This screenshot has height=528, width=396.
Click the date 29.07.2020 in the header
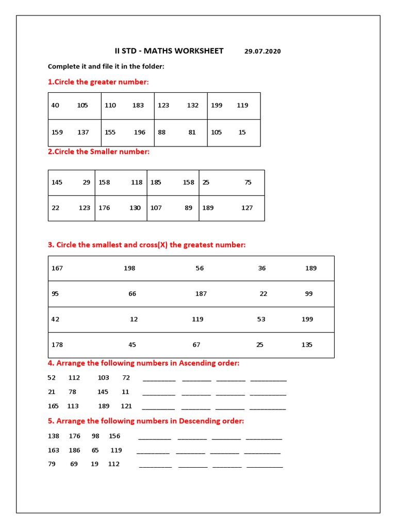click(262, 51)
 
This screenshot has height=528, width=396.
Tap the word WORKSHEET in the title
click(198, 51)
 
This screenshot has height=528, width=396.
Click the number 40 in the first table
click(55, 105)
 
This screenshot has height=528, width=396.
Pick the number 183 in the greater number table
click(138, 105)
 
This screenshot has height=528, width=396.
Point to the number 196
click(140, 132)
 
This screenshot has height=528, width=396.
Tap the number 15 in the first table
click(242, 132)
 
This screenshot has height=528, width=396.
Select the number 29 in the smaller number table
click(86, 182)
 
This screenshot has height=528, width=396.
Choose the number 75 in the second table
click(248, 182)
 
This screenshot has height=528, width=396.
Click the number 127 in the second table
click(247, 208)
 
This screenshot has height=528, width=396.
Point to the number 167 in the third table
click(57, 268)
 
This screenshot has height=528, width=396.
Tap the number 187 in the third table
click(201, 293)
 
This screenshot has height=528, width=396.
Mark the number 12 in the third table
click(134, 319)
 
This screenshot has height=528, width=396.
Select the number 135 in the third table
click(307, 344)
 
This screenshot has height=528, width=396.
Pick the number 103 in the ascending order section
click(103, 377)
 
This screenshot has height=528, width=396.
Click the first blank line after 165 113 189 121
click(158, 407)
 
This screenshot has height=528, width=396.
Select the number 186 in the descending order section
click(74, 450)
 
